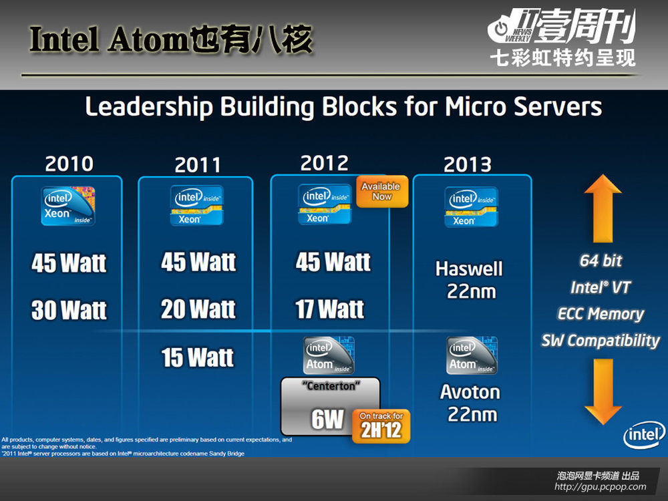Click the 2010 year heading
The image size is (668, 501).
tap(69, 164)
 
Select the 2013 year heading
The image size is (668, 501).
tap(468, 164)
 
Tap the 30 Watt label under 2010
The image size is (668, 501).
tap(69, 310)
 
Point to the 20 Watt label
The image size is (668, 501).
tap(198, 309)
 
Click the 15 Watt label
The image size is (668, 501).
tap(198, 357)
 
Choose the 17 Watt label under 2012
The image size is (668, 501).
tap(330, 309)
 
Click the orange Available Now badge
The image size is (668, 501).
tap(381, 192)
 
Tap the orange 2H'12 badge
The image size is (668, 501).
tap(381, 426)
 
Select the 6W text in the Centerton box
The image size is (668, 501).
tap(327, 420)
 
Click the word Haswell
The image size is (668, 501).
tap(469, 269)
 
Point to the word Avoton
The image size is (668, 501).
tap(470, 392)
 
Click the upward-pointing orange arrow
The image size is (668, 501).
tap(603, 208)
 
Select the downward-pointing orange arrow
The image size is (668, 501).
tap(603, 391)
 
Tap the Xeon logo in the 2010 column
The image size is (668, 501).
tap(68, 206)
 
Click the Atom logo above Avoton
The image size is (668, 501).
tap(472, 355)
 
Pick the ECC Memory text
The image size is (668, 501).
tap(601, 314)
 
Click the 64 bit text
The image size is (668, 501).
tap(601, 261)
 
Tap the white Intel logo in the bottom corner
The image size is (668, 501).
tap(644, 435)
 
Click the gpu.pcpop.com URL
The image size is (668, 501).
tap(601, 486)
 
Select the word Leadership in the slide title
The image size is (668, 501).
tap(149, 106)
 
